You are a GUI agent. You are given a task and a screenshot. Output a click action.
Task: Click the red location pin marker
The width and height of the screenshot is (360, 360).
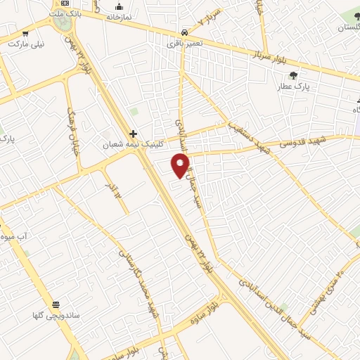pyautogui.click(x=181, y=166)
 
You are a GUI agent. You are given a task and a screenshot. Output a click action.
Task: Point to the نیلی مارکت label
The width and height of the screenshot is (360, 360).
pyautogui.click(x=25, y=43)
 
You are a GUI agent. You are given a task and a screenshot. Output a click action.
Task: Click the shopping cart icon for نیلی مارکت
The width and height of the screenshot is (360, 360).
pyautogui.click(x=25, y=32)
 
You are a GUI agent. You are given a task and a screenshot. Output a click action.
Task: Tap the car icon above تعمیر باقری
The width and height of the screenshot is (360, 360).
pyautogui.click(x=184, y=32)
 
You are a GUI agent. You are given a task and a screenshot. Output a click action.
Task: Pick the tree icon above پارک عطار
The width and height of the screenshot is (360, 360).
pyautogui.click(x=293, y=75)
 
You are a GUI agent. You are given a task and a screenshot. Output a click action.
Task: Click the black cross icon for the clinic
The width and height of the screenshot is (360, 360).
pyautogui.click(x=132, y=134)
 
